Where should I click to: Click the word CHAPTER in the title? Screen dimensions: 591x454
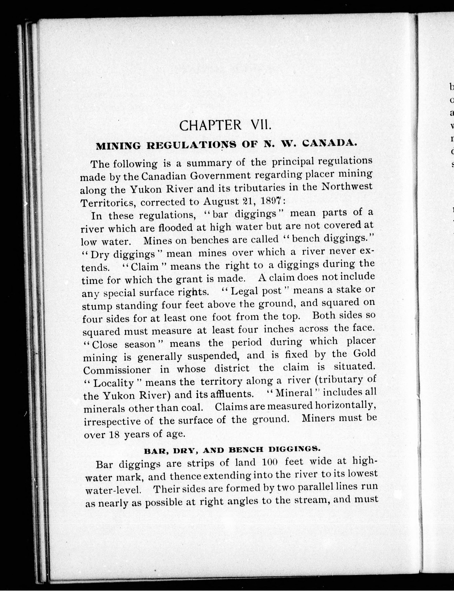click(210, 125)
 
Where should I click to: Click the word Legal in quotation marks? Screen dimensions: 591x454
click(245, 291)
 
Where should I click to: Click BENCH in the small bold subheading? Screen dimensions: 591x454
click(246, 450)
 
